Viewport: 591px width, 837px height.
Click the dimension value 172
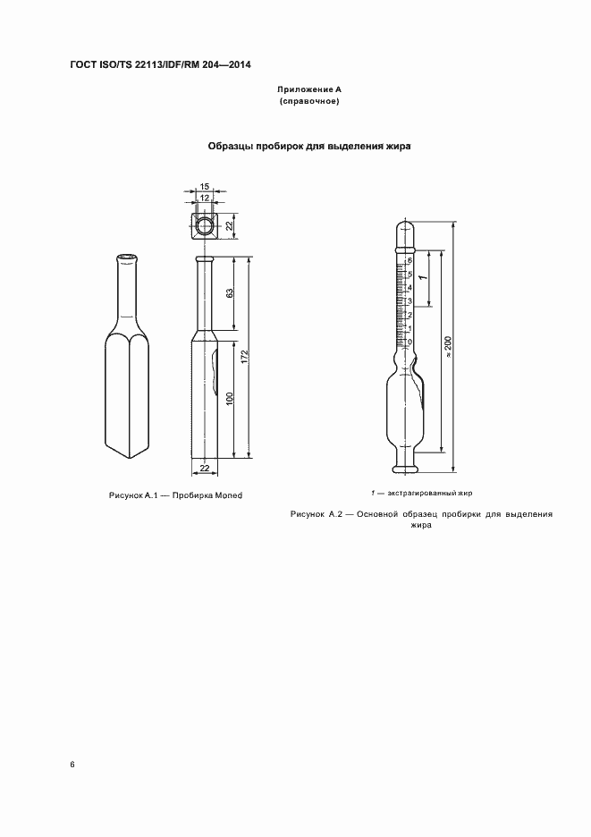pyautogui.click(x=244, y=357)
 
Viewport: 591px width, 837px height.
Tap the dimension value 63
pyautogui.click(x=230, y=295)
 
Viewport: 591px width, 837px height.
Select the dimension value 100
pyautogui.click(x=230, y=399)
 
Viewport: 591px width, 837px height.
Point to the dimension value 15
pyautogui.click(x=205, y=187)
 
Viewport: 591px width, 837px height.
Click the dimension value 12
pyautogui.click(x=205, y=197)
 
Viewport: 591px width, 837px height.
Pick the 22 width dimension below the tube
pyautogui.click(x=204, y=469)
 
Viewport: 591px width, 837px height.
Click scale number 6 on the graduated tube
pyautogui.click(x=409, y=260)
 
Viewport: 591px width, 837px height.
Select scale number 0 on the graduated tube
pyautogui.click(x=409, y=342)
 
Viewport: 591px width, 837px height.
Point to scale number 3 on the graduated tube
pyautogui.click(x=409, y=301)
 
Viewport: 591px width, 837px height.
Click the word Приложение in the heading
pyautogui.click(x=300, y=90)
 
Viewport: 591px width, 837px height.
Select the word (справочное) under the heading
pyautogui.click(x=309, y=102)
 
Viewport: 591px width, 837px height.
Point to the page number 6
pyautogui.click(x=72, y=765)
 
